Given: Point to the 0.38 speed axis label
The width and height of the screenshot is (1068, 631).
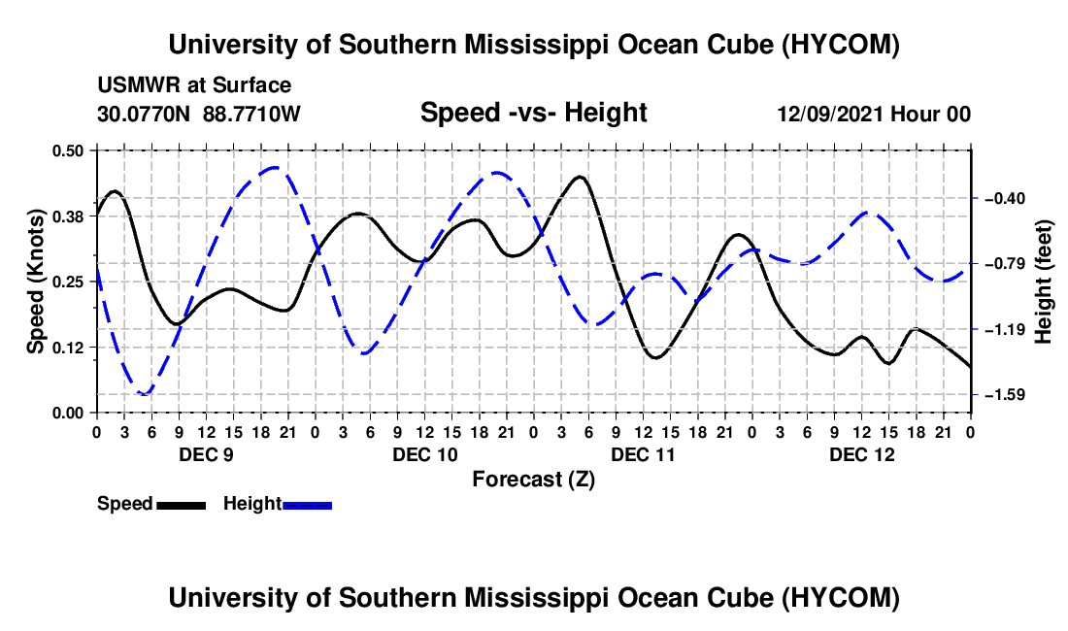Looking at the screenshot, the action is click(x=68, y=216).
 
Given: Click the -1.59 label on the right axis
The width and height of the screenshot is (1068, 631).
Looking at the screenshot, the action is click(x=1005, y=395).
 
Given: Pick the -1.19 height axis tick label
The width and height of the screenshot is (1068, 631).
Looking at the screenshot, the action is click(x=1005, y=330).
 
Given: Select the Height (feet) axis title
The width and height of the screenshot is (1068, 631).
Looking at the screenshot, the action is click(x=1044, y=282).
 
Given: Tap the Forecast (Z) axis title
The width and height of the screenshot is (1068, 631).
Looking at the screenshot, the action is click(x=533, y=480).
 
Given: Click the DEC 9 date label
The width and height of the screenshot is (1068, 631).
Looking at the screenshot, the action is click(x=207, y=454).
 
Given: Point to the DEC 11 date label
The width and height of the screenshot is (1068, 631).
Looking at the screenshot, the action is click(x=643, y=454).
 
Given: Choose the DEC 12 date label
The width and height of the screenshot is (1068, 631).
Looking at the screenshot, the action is click(x=861, y=454).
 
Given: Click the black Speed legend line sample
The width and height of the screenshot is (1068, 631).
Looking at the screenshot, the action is click(x=182, y=505).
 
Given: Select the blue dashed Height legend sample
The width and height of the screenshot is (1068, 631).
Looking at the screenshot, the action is click(x=307, y=505).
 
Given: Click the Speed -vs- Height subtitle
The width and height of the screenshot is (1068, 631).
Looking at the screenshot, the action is click(x=533, y=113).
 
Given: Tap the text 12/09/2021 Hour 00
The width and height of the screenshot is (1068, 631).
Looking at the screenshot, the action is click(x=874, y=114).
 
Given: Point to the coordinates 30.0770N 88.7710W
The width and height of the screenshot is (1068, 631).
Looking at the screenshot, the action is click(x=199, y=114).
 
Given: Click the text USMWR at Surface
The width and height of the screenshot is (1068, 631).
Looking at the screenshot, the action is click(x=194, y=85).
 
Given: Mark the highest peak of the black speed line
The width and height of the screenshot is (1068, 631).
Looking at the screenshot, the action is click(x=580, y=177).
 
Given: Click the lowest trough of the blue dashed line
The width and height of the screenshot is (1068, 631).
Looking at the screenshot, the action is click(x=144, y=394).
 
